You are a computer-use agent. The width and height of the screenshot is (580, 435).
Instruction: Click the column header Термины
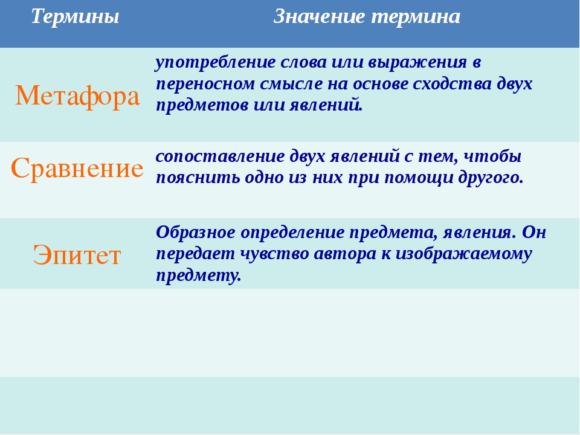pos(75,17)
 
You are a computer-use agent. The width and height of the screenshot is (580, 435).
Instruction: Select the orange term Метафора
pos(77,96)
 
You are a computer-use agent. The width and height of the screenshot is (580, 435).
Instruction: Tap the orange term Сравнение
pos(77,168)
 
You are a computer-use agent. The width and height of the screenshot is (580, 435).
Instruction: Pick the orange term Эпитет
pos(77,255)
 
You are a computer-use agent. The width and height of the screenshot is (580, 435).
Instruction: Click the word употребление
pos(215,62)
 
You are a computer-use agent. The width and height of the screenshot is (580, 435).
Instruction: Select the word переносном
pos(205,84)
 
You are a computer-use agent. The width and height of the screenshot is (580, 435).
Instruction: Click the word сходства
pos(452,84)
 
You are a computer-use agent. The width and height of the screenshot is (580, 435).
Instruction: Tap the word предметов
pos(202,105)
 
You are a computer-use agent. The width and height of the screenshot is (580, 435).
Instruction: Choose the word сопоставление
pos(220,156)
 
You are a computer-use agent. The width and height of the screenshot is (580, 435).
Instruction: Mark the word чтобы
pos(492,156)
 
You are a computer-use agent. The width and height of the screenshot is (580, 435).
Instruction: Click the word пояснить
pos(198,178)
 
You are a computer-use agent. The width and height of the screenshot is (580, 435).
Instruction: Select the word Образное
pos(196,233)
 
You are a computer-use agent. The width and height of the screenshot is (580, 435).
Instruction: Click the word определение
pos(292,233)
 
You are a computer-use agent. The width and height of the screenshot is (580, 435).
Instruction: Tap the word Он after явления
pos(534,233)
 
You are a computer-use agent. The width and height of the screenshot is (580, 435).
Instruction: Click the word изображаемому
pos(464,254)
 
